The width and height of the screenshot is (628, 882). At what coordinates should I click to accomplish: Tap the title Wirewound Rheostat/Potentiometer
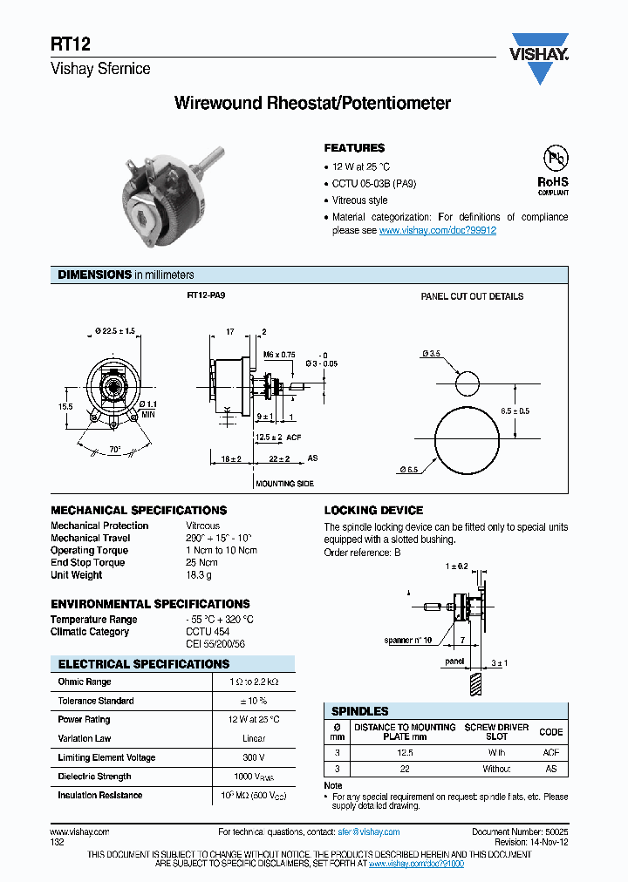pos(313,104)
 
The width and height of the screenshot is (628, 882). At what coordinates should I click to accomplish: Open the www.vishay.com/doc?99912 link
pos(438,230)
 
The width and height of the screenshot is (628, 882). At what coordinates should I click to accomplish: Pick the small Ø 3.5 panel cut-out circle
pos(467,383)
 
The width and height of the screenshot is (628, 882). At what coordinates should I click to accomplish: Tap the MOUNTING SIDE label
pos(284,483)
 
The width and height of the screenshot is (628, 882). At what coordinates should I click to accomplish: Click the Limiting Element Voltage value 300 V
pos(253,757)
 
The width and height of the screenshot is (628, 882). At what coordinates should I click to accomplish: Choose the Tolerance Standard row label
pos(96,701)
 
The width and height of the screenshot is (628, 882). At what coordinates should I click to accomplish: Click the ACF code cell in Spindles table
pos(551,752)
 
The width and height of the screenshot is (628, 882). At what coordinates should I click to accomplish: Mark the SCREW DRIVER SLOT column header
pos(496,732)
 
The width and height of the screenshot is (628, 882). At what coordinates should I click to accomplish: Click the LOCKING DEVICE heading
pos(373,510)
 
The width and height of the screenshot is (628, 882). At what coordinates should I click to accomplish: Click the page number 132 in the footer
pos(57,843)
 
